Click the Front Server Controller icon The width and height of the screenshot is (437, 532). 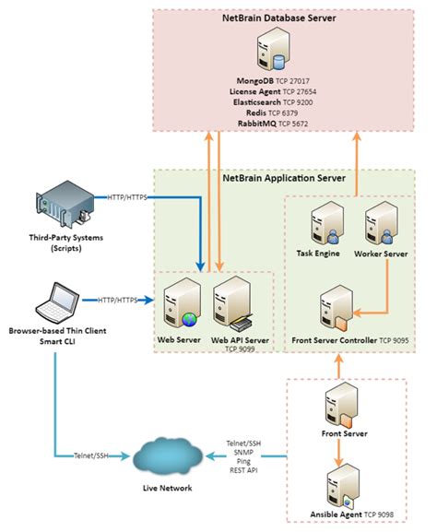click(x=335, y=308)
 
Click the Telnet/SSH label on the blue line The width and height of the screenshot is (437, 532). click(x=91, y=455)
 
